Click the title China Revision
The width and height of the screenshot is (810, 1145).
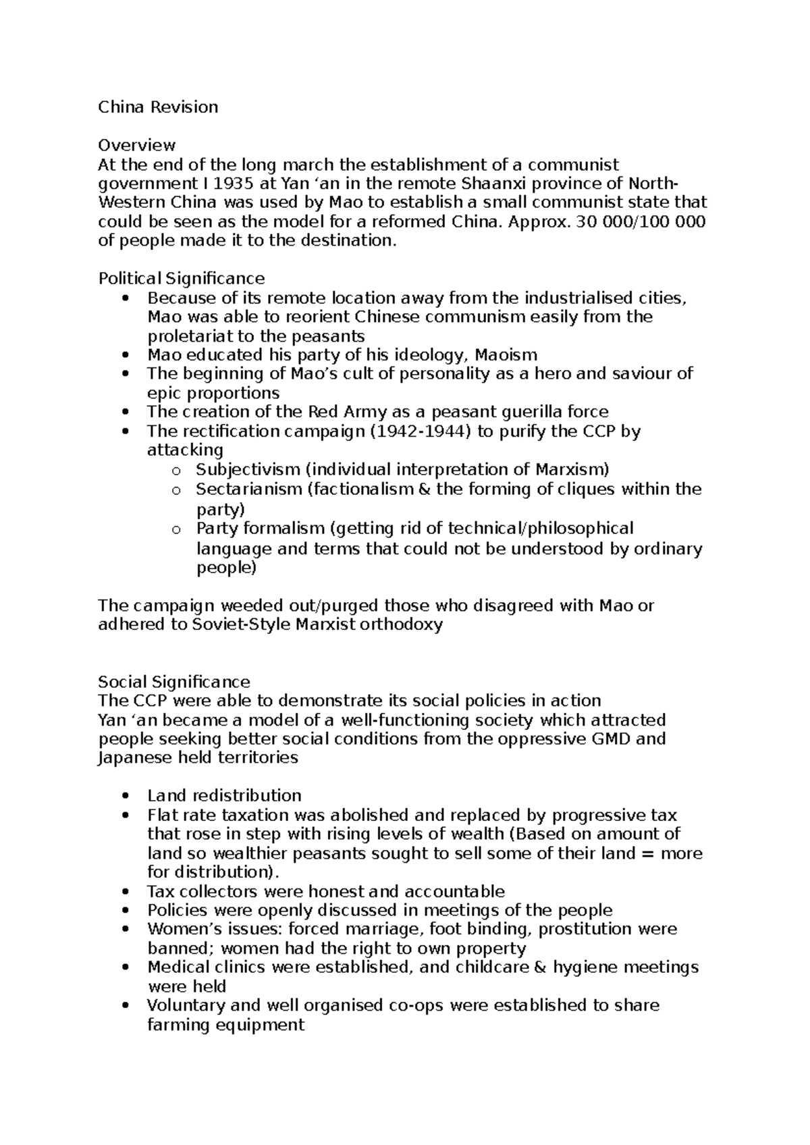pos(158,107)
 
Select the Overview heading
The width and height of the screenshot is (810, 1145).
pos(137,145)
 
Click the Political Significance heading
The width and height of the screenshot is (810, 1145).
pos(181,278)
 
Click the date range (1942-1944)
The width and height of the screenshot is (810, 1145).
pos(421,431)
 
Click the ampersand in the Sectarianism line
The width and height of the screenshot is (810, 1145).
pos(425,488)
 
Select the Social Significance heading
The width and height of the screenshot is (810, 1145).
pos(173,681)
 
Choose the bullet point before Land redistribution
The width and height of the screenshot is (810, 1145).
pos(125,796)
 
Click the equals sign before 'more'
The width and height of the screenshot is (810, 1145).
pos(647,853)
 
